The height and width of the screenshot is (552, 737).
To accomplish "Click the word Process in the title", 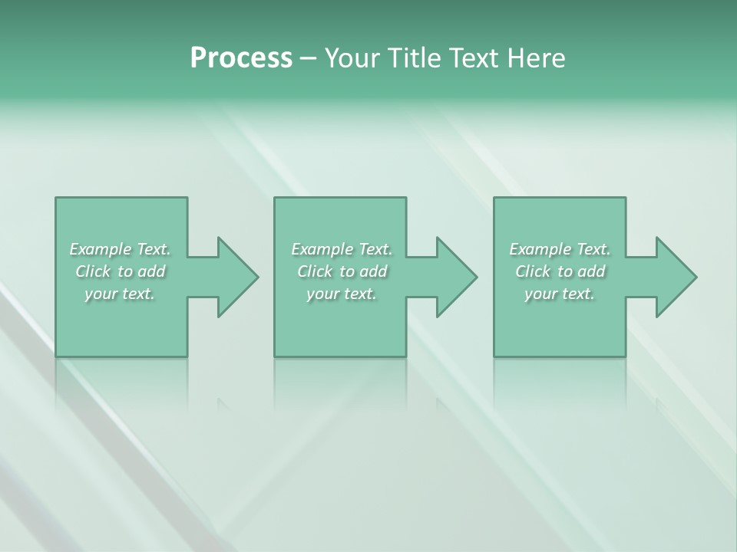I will [241, 58].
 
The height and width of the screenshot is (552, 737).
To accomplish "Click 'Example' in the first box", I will [101, 249].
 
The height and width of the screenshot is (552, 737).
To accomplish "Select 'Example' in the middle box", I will [322, 249].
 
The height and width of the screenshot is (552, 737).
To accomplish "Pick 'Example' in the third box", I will [540, 249].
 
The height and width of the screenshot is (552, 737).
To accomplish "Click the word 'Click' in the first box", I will [93, 271].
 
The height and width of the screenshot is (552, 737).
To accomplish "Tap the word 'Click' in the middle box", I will [315, 271].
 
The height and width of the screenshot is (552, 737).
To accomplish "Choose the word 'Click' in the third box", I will [533, 271].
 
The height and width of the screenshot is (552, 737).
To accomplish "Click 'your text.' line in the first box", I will [120, 294].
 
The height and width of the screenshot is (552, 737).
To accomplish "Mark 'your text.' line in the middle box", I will [342, 294].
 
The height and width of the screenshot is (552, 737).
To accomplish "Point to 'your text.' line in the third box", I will [560, 294].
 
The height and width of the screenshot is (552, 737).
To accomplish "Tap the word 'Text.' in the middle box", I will [375, 249].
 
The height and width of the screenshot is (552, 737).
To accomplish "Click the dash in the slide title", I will [308, 59].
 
